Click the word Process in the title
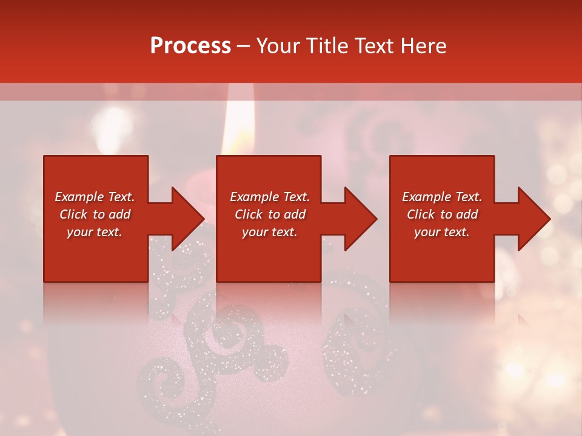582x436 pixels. (x=190, y=46)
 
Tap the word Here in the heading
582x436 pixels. (x=424, y=46)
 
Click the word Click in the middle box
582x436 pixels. (x=249, y=214)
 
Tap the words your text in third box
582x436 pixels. (x=441, y=232)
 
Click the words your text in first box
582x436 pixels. (x=95, y=232)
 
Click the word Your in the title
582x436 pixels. (x=278, y=46)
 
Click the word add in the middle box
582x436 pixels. (x=294, y=214)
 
